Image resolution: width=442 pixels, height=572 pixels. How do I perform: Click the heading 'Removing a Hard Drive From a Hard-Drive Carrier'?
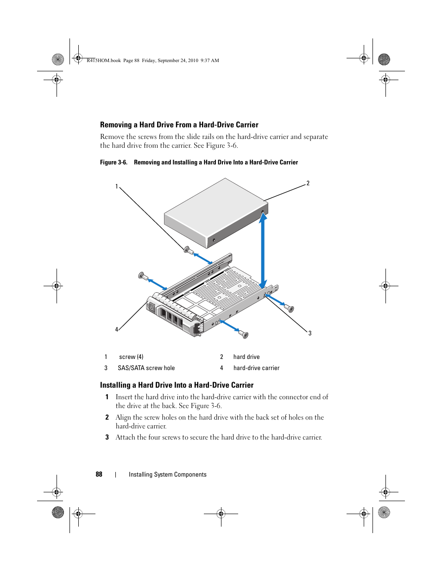pos(179,125)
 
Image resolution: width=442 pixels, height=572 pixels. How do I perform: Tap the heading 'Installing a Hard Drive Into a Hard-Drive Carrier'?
pos(177,385)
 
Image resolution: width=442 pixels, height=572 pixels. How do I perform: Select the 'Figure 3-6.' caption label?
pos(114,162)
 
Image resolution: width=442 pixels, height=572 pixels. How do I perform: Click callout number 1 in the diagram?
pos(117,187)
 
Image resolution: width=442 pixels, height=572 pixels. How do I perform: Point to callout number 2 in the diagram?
pos(308,183)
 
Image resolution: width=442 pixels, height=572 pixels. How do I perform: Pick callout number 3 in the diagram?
pos(310,333)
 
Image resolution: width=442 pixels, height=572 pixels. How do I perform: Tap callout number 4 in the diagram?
pos(117,329)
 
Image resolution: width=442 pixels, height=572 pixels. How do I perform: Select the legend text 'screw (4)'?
pos(131,357)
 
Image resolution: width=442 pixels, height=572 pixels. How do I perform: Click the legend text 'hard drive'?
pos(246,357)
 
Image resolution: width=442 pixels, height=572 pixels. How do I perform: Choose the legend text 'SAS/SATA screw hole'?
pos(146,368)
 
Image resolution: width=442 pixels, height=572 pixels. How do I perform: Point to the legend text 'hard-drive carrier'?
pos(256,368)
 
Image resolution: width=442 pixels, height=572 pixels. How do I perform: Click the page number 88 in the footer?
pos(99,474)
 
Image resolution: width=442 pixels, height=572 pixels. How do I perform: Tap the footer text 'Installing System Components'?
pos(168,474)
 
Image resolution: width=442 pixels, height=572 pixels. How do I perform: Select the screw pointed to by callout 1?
pos(187,250)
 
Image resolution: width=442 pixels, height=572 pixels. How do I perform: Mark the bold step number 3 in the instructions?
pos(107,437)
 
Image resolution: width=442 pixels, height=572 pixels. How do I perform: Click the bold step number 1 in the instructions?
pos(107,397)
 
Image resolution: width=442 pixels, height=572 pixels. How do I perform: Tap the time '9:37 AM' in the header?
pos(210,60)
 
